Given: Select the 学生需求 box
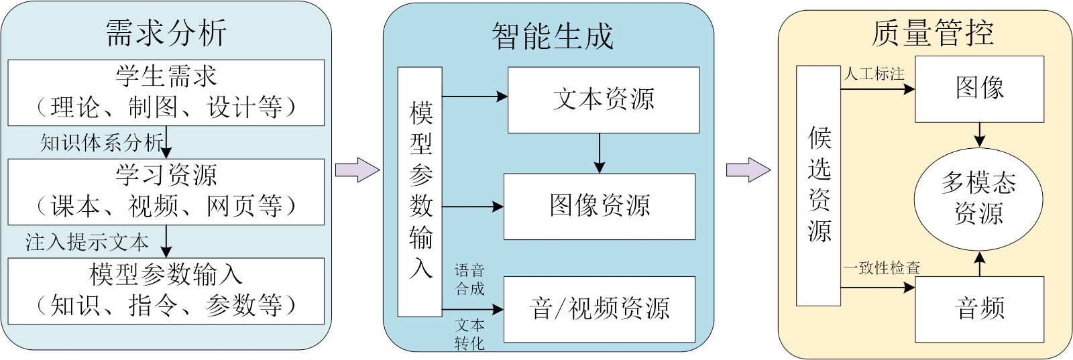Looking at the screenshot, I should (166, 93).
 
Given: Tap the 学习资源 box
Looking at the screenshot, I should (166, 192).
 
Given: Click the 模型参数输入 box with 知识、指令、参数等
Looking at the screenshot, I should (166, 291).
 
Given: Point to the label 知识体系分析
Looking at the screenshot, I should (101, 142).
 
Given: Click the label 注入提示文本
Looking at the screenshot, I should (87, 242).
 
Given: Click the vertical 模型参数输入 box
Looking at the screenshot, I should (420, 192).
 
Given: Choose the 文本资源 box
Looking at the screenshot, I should (604, 100).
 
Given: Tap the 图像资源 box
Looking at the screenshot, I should (600, 206).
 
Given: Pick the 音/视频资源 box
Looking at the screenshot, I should (600, 309).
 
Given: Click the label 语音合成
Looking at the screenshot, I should (469, 280).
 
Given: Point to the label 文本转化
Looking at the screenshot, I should (469, 334).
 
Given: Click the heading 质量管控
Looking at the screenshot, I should (932, 33).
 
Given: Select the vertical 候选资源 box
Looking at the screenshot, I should (819, 186).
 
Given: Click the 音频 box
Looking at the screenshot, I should (979, 309).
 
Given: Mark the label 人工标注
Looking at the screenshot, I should (874, 74).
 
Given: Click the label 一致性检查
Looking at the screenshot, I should (881, 268).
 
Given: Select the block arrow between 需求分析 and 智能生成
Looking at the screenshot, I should (357, 170).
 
